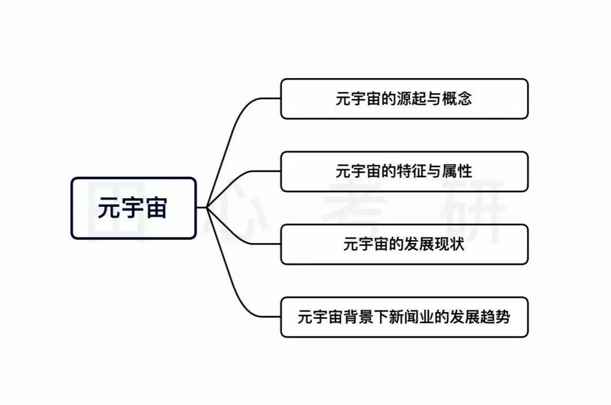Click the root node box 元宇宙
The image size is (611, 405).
point(134,208)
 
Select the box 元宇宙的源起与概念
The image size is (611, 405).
point(404,99)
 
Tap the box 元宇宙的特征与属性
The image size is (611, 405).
point(404,171)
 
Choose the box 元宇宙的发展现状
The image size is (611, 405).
point(404,244)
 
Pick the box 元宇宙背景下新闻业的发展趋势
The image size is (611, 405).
point(404,317)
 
